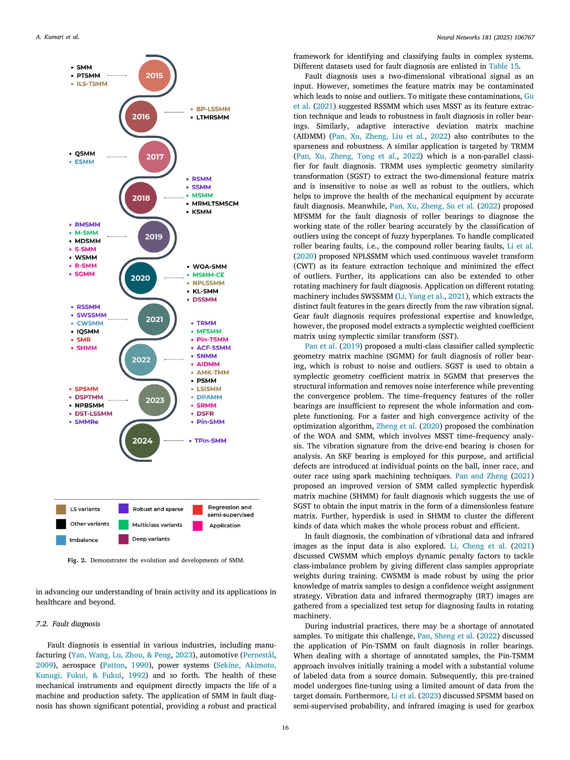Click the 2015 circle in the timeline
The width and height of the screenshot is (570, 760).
pos(154,76)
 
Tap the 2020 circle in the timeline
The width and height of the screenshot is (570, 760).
pos(140,278)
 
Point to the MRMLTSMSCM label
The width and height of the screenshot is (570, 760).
pos(215,204)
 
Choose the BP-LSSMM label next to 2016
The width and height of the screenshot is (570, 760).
pos(213,109)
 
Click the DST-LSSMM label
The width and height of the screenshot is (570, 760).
pos(93,414)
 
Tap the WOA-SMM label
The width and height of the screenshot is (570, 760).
pos(210,267)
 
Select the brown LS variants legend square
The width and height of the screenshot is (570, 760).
pos(61,509)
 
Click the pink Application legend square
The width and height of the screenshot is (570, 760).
pos(197,526)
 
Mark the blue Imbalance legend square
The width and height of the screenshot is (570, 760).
pos(61,540)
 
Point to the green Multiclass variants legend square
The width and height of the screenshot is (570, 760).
pos(123,525)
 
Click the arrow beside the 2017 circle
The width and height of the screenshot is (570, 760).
pos(117,157)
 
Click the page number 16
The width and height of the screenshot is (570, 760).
pos(285,727)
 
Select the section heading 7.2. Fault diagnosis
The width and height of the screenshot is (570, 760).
pos(68,623)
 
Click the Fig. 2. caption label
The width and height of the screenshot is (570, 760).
pos(77,560)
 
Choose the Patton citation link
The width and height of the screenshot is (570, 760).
pos(114,665)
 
